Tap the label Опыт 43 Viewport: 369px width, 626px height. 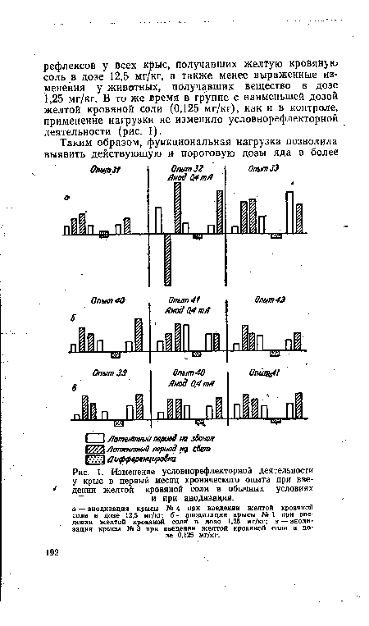pos(269,300)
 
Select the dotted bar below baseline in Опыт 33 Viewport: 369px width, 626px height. pos(276,236)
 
